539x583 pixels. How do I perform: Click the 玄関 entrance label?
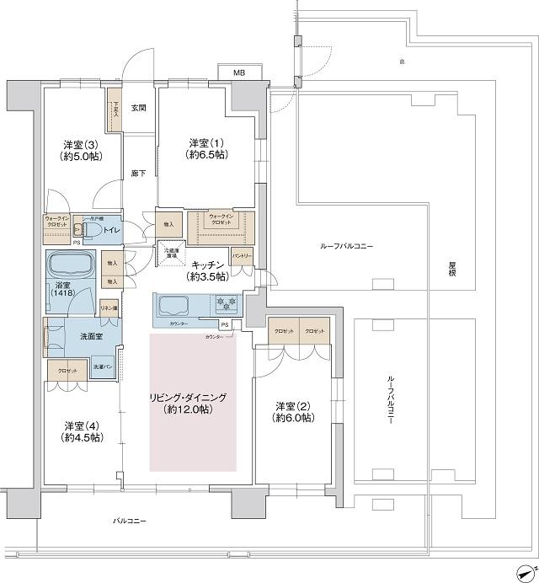tap(139, 108)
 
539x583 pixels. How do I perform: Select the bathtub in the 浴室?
tap(72, 265)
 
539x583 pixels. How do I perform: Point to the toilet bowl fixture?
tap(93, 229)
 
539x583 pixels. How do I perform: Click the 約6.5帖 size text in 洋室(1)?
tap(205, 156)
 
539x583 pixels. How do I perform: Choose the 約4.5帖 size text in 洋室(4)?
tap(81, 437)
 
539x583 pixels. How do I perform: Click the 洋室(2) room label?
tap(293, 405)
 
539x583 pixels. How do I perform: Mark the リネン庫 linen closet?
tap(108, 308)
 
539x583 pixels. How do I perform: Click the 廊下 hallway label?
tap(139, 174)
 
